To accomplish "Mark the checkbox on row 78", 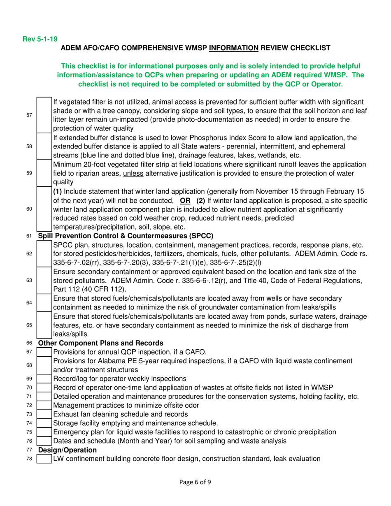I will (44, 459).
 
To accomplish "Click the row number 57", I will (29, 115).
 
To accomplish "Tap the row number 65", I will (29, 325).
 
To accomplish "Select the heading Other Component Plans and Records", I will (100, 343).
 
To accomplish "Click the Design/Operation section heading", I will (67, 450).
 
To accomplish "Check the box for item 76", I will (44, 441).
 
